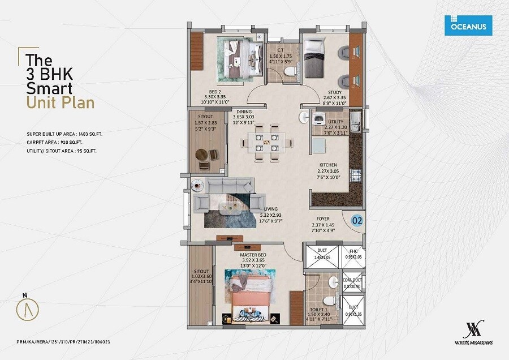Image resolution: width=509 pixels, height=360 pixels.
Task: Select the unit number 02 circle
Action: pos(357,221)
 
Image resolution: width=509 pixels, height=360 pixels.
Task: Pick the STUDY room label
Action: pos(335,92)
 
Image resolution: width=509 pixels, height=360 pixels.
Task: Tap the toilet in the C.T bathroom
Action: pos(290,71)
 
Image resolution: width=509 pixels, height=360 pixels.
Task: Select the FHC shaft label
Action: pos(353,251)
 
